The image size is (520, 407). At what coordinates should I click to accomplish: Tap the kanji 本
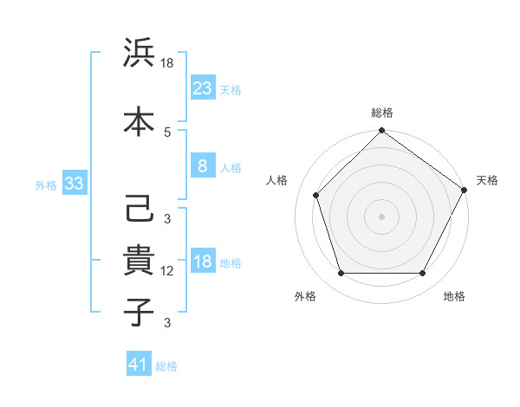pos(138,120)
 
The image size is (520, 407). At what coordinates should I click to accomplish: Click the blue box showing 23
pos(202,87)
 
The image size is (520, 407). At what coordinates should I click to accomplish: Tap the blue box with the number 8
pos(202,165)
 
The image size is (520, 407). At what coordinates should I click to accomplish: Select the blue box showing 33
pos(74,184)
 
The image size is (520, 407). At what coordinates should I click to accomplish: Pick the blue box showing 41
pos(139,365)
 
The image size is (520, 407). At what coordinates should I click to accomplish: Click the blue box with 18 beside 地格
pos(202,262)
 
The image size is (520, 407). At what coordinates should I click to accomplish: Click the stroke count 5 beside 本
pos(167,132)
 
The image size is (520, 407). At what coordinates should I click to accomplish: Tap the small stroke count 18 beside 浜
pos(168,64)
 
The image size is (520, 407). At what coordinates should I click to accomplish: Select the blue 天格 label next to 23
pos(231,89)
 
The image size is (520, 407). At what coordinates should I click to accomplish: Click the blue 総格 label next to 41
pos(166,366)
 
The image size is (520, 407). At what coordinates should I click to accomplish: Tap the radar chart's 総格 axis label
pos(382,113)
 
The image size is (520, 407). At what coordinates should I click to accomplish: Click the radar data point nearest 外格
pos(341,274)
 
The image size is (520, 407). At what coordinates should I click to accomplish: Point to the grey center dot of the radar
pos(381,216)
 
